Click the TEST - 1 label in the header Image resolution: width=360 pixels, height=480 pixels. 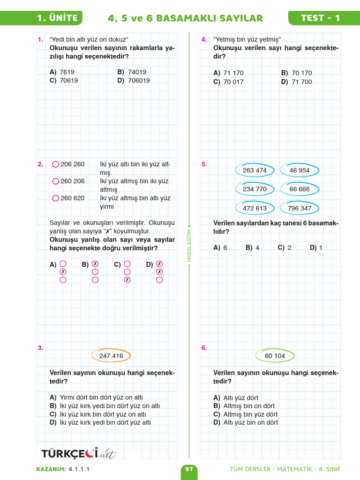(x=321, y=18)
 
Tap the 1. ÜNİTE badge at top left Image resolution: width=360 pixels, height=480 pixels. (x=57, y=18)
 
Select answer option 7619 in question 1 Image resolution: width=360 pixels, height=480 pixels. (x=67, y=72)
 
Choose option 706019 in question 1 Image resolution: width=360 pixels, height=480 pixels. (x=139, y=81)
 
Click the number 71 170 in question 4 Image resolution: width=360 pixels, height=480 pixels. (x=233, y=73)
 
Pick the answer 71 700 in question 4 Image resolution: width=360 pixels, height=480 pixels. (x=301, y=82)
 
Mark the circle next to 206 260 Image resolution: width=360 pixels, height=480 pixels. (x=56, y=165)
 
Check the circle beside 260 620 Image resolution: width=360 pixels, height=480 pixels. (x=56, y=198)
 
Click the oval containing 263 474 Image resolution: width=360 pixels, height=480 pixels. (x=255, y=171)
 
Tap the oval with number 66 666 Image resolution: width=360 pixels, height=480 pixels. (x=300, y=189)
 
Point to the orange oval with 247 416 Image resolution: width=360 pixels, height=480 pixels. (x=111, y=356)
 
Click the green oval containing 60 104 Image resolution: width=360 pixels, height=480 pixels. (x=275, y=356)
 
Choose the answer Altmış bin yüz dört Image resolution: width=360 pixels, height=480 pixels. (x=250, y=414)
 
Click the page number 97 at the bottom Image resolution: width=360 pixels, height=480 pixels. (x=189, y=469)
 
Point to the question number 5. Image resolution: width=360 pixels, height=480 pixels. (x=204, y=164)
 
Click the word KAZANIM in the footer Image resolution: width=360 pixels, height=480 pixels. (x=51, y=469)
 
